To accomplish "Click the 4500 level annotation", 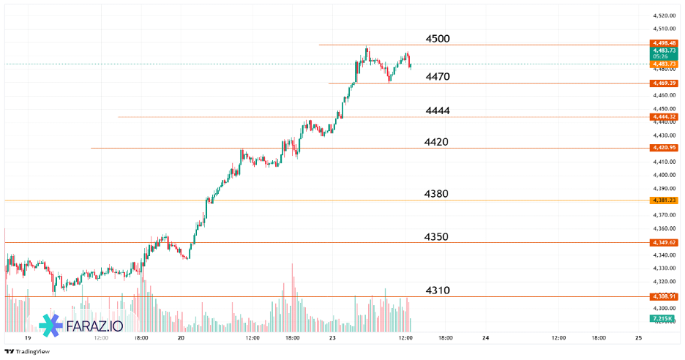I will [x=438, y=39].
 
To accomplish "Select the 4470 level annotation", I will [x=438, y=77].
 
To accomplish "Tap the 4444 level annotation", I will [x=438, y=110].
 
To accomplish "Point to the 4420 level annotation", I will [x=437, y=142].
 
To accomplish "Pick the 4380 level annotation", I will [x=437, y=194].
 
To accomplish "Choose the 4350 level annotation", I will [x=437, y=237].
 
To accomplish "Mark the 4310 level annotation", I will [x=438, y=290].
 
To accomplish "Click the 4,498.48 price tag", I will [x=664, y=43].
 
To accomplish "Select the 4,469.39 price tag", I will [x=664, y=83].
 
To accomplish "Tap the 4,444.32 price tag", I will [x=664, y=117].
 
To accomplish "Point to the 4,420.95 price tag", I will [x=664, y=148].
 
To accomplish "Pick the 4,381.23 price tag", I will [x=664, y=200].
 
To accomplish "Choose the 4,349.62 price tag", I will [x=664, y=242].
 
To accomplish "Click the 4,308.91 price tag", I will [x=664, y=296].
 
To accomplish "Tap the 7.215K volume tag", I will [x=663, y=319].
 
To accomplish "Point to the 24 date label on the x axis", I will [x=486, y=338].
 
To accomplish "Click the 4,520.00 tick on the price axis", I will [x=664, y=15].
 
